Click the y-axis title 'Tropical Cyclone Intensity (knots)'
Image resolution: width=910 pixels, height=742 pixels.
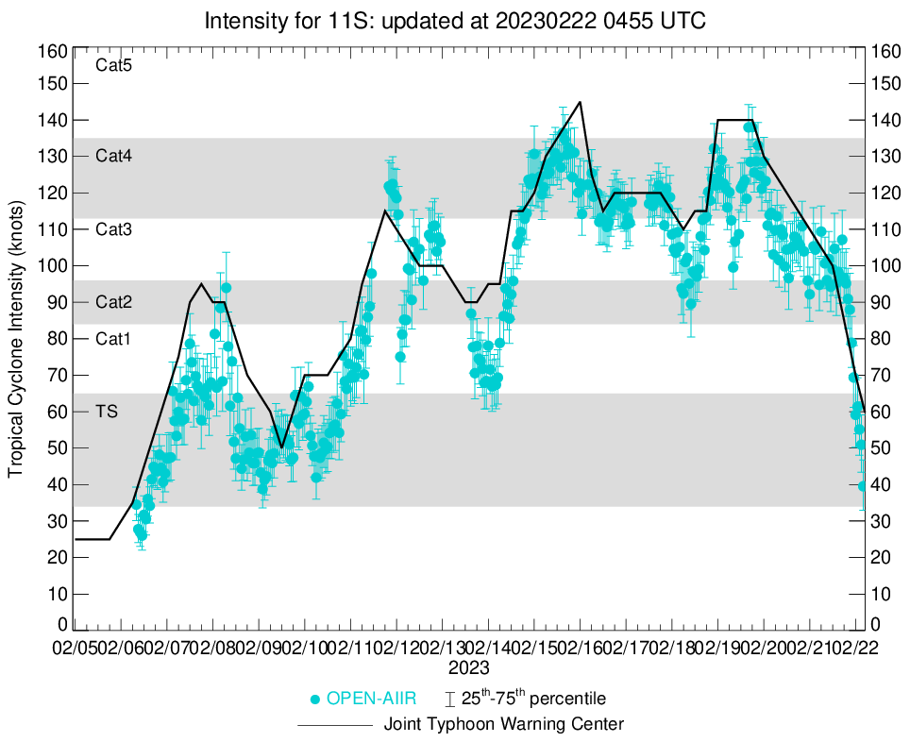coord(16,338)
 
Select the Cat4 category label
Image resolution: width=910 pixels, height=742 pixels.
coord(113,156)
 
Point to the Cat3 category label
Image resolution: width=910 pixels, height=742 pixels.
coord(113,229)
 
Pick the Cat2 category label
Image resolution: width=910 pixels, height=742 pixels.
coord(113,302)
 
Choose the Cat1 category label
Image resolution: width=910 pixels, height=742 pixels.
coord(113,338)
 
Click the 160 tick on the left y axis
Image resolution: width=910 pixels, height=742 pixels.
coord(53,50)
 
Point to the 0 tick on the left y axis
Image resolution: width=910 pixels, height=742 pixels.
coord(62,624)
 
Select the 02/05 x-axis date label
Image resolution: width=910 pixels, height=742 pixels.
coord(75,649)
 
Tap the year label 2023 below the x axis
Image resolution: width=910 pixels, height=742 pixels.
coord(469,667)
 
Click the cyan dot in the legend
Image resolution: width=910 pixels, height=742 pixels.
coord(316,700)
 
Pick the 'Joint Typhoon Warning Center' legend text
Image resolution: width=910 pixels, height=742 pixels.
coord(504,724)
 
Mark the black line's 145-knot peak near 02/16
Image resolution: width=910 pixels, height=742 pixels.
coord(580,102)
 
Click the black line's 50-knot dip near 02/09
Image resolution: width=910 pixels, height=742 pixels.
coord(281,447)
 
